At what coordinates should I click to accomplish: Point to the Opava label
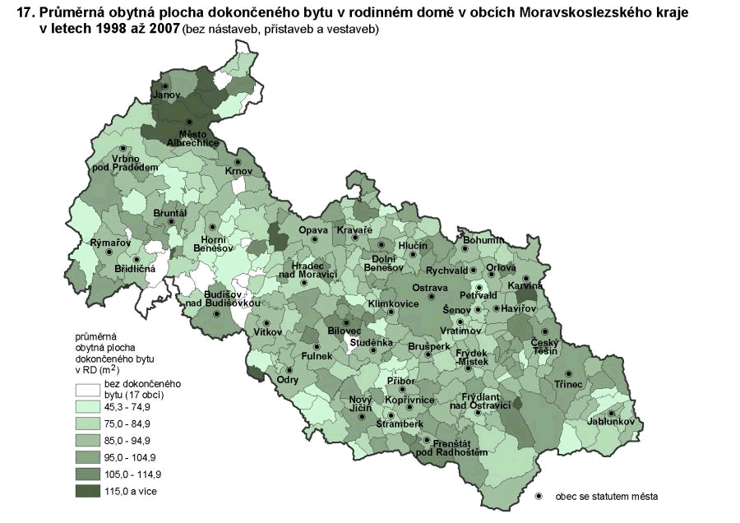(x=313, y=229)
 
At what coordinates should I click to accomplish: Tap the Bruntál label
(x=171, y=213)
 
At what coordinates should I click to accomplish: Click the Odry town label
(x=288, y=380)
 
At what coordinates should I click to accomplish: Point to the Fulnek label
(x=317, y=356)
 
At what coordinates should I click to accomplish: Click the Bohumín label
(x=482, y=240)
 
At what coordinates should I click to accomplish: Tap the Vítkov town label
(x=268, y=331)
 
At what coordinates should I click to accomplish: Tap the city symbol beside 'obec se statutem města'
(x=539, y=497)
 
